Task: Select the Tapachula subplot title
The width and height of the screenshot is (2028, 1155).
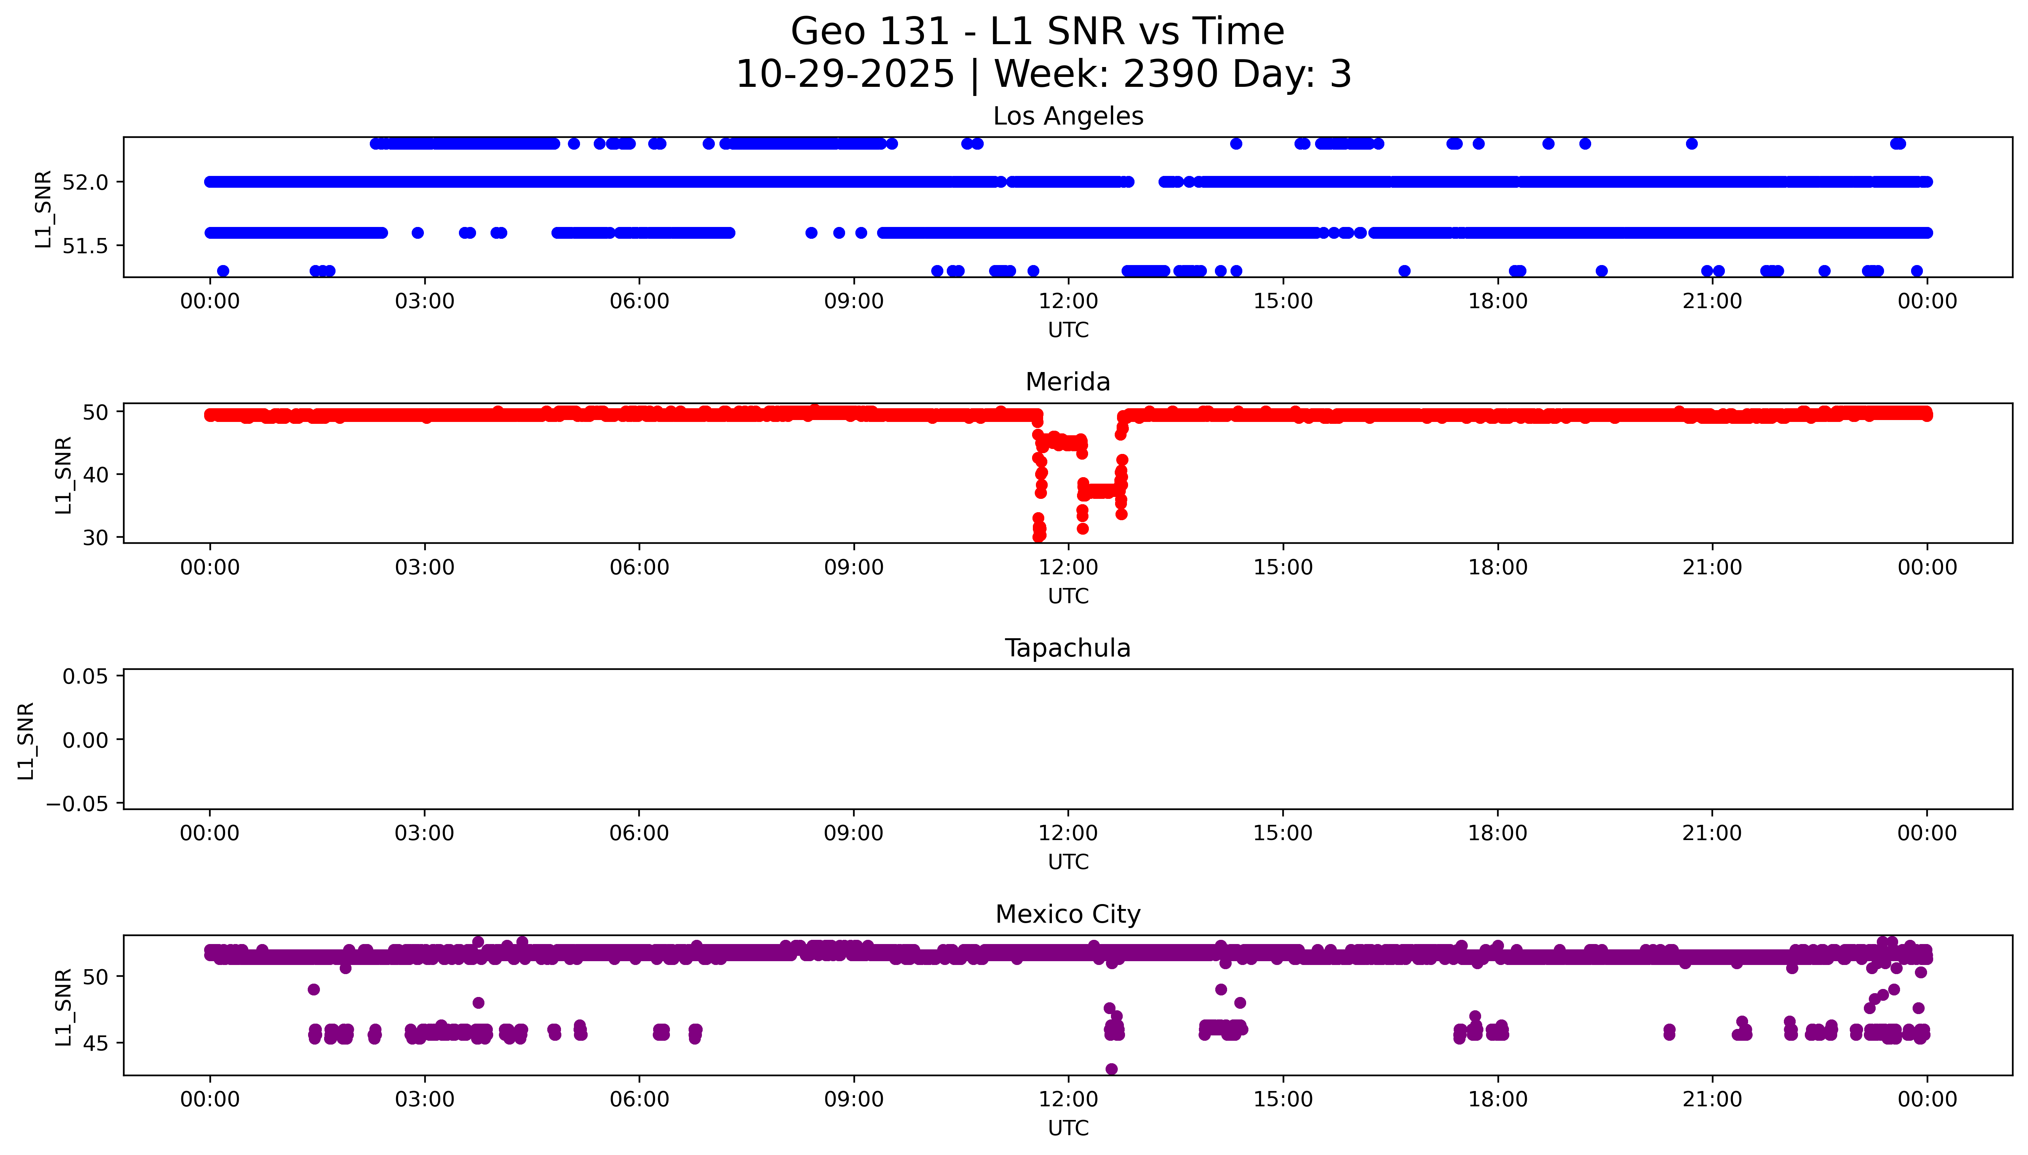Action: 1068,648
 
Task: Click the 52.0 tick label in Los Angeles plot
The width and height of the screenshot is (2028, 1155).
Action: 85,182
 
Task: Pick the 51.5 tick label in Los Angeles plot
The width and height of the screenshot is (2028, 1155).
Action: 85,246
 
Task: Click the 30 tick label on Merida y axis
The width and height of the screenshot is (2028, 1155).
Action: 95,538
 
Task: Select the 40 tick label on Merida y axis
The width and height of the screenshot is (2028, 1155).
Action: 95,474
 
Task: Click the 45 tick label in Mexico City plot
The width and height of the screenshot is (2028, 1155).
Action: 95,1043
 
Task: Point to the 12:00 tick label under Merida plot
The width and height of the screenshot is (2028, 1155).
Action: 1068,567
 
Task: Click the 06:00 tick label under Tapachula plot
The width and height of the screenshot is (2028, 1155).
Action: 639,833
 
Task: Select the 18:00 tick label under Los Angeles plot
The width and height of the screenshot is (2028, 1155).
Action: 1497,302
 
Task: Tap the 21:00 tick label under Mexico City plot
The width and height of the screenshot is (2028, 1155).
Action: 1712,1099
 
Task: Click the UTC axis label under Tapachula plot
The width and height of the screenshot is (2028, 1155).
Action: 1068,861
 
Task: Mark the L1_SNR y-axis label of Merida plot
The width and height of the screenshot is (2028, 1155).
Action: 64,474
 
